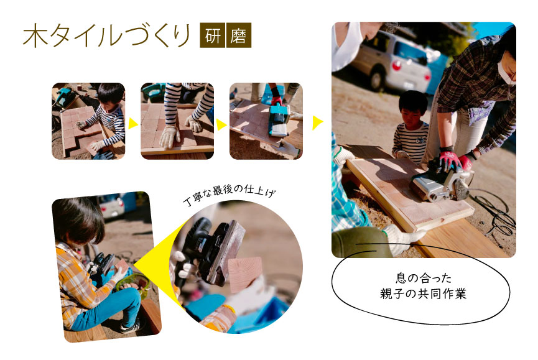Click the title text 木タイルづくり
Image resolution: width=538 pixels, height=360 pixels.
coord(107,35)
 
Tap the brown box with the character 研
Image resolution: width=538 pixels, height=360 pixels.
coord(212,35)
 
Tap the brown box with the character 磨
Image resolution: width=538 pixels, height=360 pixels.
coord(239,35)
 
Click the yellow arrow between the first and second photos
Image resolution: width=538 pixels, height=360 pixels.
coord(132,124)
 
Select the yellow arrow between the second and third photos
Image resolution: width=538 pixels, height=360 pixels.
coord(221,124)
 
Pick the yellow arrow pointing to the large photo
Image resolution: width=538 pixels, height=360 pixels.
coord(317,123)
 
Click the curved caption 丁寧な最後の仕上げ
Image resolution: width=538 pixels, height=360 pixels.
coord(230,195)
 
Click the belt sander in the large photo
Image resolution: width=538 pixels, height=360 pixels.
coord(443,182)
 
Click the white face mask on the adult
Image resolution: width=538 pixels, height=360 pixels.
coord(504,71)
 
